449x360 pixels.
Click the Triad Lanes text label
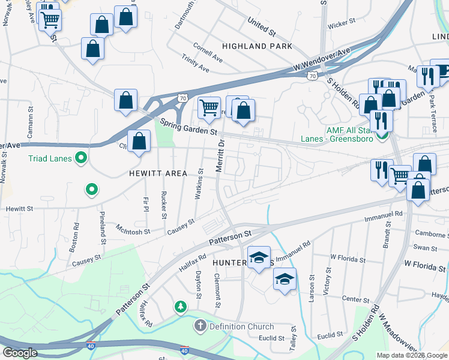50,159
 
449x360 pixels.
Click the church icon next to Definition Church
199,327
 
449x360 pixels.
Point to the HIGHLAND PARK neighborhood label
257,46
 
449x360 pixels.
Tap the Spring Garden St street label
188,127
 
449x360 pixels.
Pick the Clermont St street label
217,290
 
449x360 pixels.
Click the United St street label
261,25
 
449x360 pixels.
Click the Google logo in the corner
20,353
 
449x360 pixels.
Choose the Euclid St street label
330,334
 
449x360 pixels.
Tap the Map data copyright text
412,355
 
